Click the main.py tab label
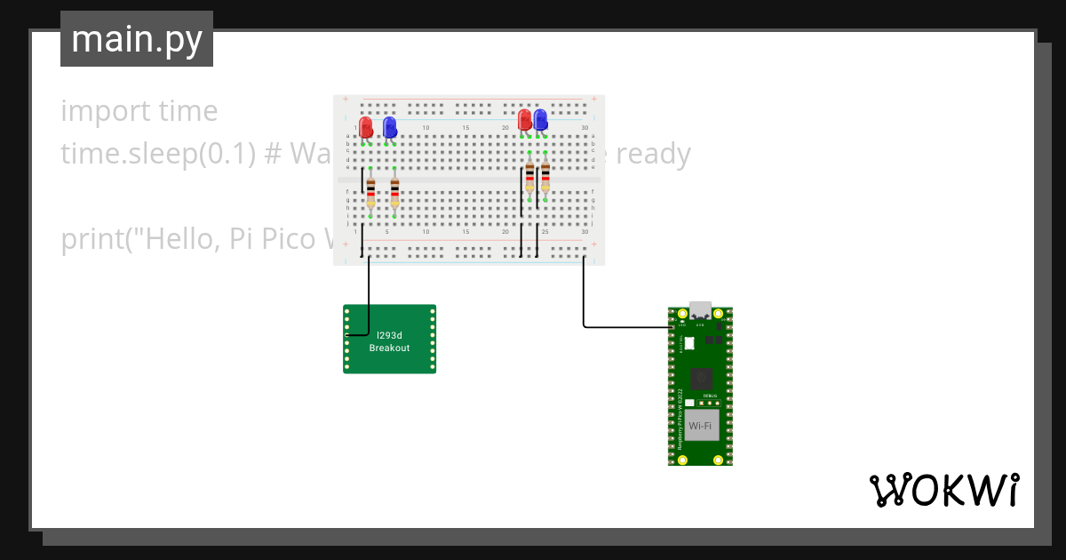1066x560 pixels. pos(136,39)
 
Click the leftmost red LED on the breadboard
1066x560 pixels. pos(366,127)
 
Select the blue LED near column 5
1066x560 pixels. pos(389,127)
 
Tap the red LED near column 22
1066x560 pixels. pos(525,119)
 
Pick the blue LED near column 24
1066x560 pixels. pos(540,119)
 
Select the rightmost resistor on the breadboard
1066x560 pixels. pos(545,178)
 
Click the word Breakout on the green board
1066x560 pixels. pos(389,348)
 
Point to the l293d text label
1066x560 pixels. pos(389,335)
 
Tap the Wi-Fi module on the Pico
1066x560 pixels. pos(700,426)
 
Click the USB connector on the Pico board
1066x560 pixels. pos(700,310)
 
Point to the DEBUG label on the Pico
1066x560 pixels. pos(709,395)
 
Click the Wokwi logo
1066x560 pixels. pos(943,490)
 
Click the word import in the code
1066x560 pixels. pos(94,111)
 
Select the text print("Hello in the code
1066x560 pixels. pos(142,239)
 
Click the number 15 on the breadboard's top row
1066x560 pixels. pos(465,129)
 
